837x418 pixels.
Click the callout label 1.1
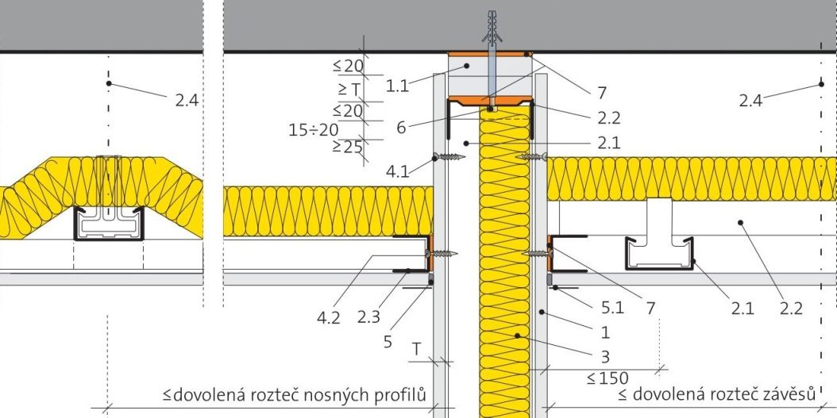click(398, 86)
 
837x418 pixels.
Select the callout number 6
click(402, 127)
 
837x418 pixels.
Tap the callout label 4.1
click(398, 171)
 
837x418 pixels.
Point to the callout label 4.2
click(329, 317)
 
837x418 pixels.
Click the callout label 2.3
click(368, 317)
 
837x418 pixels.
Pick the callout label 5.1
click(611, 308)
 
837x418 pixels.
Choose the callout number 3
click(605, 355)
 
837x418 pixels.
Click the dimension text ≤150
click(607, 378)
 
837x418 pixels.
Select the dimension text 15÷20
click(314, 129)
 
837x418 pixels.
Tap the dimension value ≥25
click(348, 147)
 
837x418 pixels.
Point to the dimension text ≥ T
click(349, 90)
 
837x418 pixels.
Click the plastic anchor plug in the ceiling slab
click(492, 27)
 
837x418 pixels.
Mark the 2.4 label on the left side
click(187, 100)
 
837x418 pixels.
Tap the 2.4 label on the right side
click(750, 100)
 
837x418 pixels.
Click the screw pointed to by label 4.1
click(449, 157)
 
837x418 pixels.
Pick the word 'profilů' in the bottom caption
click(406, 395)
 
